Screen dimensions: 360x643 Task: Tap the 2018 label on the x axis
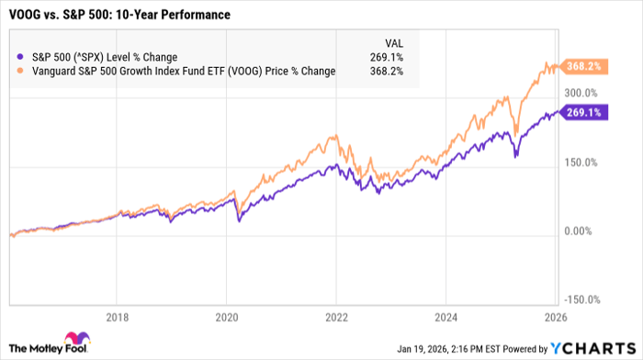point(117,316)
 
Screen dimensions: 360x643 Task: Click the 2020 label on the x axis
point(226,316)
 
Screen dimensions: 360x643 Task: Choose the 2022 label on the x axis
point(336,316)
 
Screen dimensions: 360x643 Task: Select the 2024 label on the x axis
point(446,316)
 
